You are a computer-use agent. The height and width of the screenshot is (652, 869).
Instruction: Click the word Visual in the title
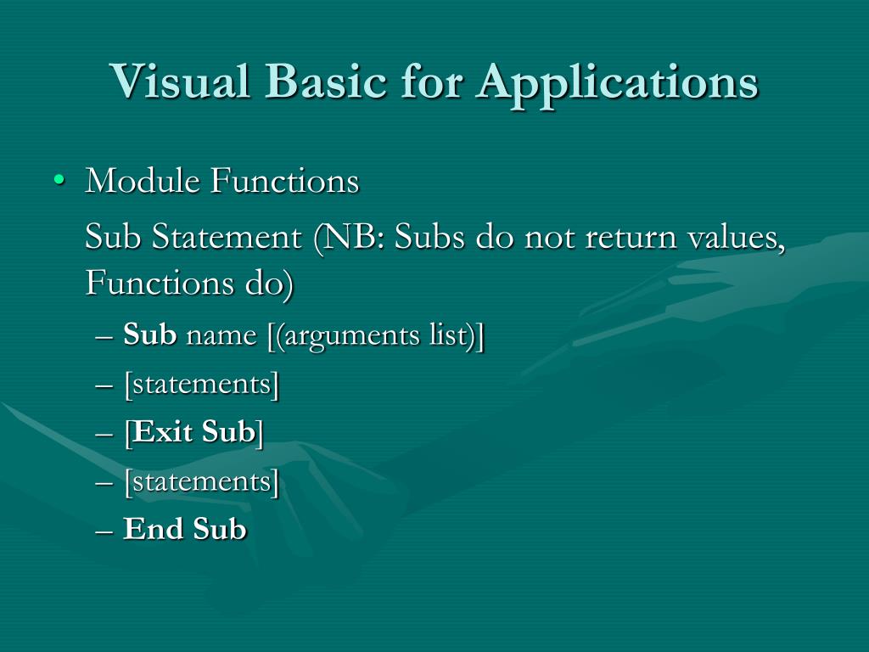[181, 81]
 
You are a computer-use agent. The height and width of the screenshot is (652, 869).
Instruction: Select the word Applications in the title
[617, 81]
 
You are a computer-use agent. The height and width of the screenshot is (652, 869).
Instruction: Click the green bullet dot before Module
[58, 181]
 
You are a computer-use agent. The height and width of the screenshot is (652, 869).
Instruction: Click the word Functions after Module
[284, 181]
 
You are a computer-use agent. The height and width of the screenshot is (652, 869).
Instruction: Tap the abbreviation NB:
[350, 238]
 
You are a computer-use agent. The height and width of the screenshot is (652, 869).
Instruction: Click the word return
[631, 238]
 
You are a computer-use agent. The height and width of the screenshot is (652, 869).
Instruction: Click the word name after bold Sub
[221, 335]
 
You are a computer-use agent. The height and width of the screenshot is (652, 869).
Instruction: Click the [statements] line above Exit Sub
[201, 384]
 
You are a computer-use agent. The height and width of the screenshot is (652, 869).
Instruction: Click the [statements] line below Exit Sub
[201, 481]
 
